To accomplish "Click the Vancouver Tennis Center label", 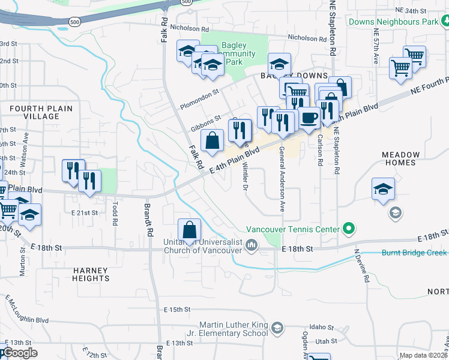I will (x=292, y=229).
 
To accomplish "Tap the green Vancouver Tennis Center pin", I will (x=348, y=229).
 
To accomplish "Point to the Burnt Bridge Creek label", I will (x=414, y=253).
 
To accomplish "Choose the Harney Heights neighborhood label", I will (x=91, y=274).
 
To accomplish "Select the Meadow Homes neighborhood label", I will (x=399, y=158).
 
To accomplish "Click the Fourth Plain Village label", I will (x=40, y=112).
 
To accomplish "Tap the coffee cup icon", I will (x=309, y=117).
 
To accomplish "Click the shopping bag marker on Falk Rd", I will (x=212, y=141).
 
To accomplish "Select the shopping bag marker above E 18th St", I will (x=190, y=230).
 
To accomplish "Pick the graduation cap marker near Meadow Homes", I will (x=383, y=190).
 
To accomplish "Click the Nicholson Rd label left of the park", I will (x=190, y=28).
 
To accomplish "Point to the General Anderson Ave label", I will (x=282, y=179).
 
